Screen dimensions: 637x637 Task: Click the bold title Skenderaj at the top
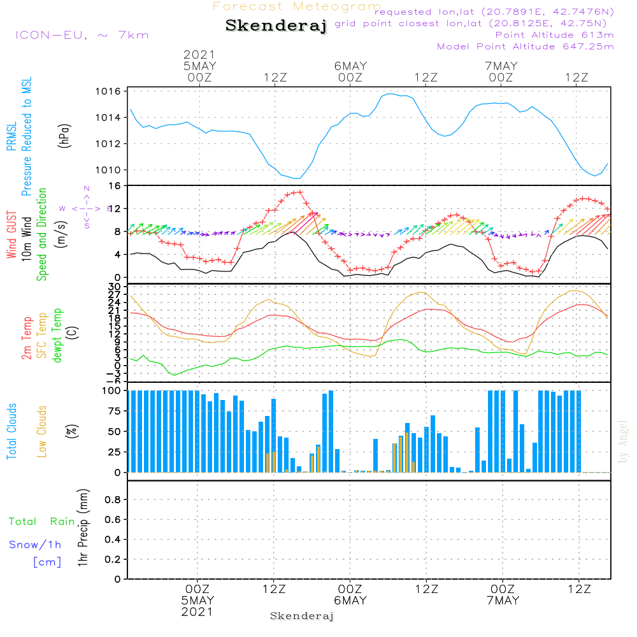pyautogui.click(x=276, y=26)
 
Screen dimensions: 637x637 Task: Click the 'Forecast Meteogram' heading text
pyautogui.click(x=297, y=6)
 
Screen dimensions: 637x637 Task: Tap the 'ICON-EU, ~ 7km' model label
pyautogui.click(x=82, y=35)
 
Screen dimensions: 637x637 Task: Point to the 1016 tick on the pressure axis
pyautogui.click(x=110, y=92)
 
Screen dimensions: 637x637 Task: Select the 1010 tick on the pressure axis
pyautogui.click(x=110, y=170)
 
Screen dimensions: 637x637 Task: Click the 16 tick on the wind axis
pyautogui.click(x=115, y=185)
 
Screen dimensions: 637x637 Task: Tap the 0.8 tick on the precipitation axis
pyautogui.click(x=113, y=500)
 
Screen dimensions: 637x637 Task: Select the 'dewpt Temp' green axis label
pyautogui.click(x=57, y=336)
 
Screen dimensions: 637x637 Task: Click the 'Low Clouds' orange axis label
pyautogui.click(x=42, y=431)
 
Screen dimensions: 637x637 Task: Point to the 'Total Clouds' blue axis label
pyautogui.click(x=12, y=431)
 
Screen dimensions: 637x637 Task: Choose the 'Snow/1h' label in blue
pyautogui.click(x=35, y=545)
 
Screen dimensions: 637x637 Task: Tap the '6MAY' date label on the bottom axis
pyautogui.click(x=350, y=601)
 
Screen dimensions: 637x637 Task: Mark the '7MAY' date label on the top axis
pyautogui.click(x=501, y=66)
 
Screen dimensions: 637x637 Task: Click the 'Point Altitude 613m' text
pyautogui.click(x=554, y=35)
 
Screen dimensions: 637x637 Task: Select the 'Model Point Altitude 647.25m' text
pyautogui.click(x=526, y=47)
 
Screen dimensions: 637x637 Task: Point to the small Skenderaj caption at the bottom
pyautogui.click(x=302, y=616)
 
